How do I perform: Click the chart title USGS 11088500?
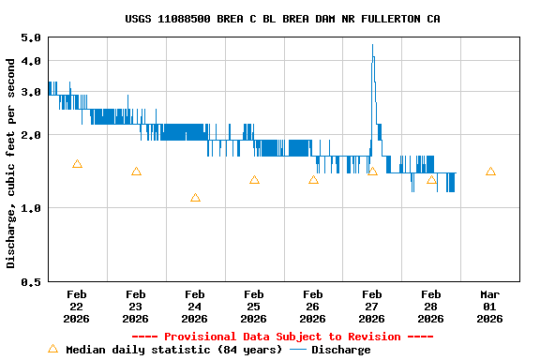point(282,19)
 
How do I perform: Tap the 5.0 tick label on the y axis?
point(30,37)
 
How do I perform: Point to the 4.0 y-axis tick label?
point(30,61)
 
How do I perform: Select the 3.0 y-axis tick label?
point(30,91)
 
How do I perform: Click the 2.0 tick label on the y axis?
point(30,134)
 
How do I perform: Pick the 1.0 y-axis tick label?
point(30,208)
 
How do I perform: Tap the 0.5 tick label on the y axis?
point(30,281)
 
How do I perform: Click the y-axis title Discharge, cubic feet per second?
point(11,163)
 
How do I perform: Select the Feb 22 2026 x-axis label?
point(77,307)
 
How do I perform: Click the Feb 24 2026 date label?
point(195,307)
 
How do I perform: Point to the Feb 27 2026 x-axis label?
point(372,307)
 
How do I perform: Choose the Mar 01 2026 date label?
point(490,307)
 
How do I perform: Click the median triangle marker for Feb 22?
point(77,164)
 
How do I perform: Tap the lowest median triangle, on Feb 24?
point(195,198)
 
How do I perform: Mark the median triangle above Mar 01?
point(490,172)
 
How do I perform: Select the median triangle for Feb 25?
point(254,180)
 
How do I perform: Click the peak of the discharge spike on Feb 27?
point(372,45)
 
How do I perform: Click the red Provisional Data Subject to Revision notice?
point(282,337)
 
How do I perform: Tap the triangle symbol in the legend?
point(52,349)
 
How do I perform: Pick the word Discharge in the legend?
point(340,350)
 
